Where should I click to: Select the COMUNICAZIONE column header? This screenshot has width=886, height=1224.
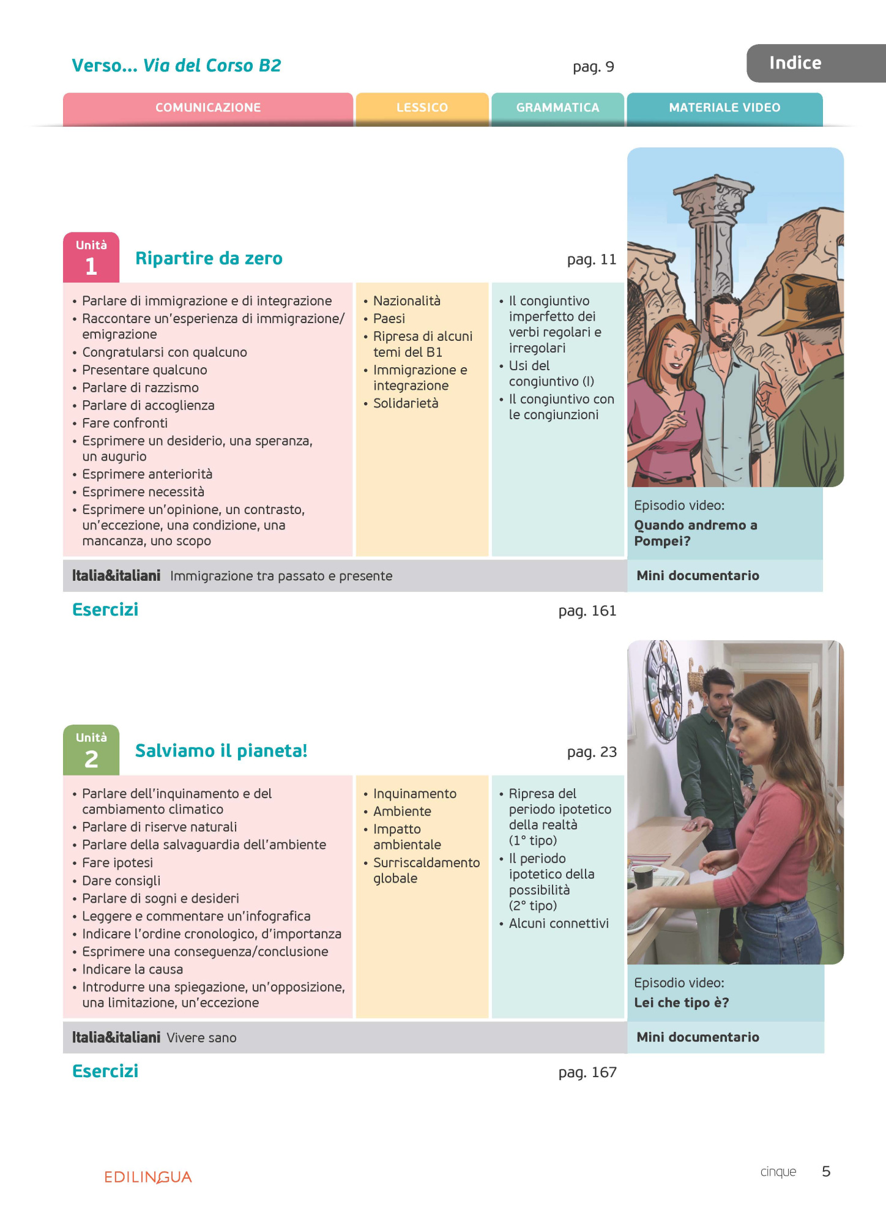pyautogui.click(x=208, y=108)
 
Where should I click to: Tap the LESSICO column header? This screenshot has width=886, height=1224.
pyautogui.click(x=422, y=108)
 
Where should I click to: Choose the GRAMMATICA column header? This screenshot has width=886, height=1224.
pyautogui.click(x=557, y=108)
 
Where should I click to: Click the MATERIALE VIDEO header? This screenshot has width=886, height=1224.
pyautogui.click(x=724, y=108)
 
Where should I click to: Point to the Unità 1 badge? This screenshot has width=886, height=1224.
pyautogui.click(x=91, y=258)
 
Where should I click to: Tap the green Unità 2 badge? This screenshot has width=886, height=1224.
pyautogui.click(x=91, y=750)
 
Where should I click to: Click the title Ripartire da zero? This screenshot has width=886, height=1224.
pyautogui.click(x=209, y=258)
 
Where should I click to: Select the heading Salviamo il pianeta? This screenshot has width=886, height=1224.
pyautogui.click(x=221, y=751)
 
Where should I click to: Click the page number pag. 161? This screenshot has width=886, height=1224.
pyautogui.click(x=587, y=611)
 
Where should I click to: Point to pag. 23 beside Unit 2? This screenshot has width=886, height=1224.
pyautogui.click(x=592, y=752)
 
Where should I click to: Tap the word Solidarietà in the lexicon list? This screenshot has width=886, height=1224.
pyautogui.click(x=406, y=403)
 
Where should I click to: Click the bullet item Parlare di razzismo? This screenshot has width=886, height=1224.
pyautogui.click(x=140, y=387)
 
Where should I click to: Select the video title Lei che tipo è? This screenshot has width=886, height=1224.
pyautogui.click(x=681, y=1002)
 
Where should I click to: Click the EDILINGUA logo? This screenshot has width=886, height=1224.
pyautogui.click(x=148, y=1177)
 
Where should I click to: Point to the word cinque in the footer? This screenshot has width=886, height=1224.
pyautogui.click(x=778, y=1171)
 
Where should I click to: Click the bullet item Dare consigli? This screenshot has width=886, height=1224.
pyautogui.click(x=121, y=881)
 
